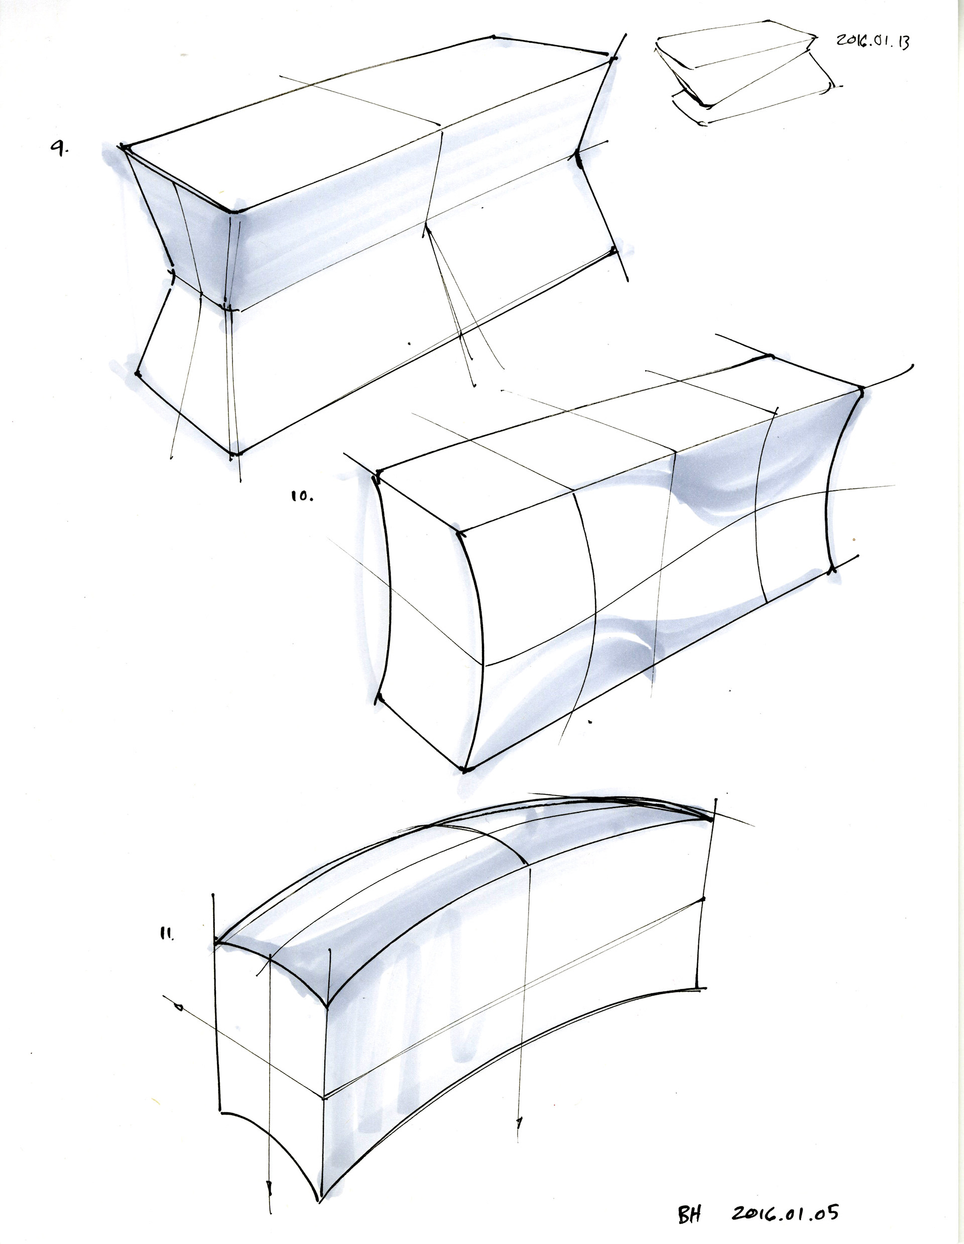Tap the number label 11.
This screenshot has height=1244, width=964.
[x=167, y=934]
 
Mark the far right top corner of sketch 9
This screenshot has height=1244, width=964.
[x=613, y=58]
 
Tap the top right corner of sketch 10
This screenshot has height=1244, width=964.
[x=860, y=391]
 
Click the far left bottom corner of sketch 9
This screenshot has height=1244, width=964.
[x=137, y=374]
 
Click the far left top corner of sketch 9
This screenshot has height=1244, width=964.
[x=124, y=148]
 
